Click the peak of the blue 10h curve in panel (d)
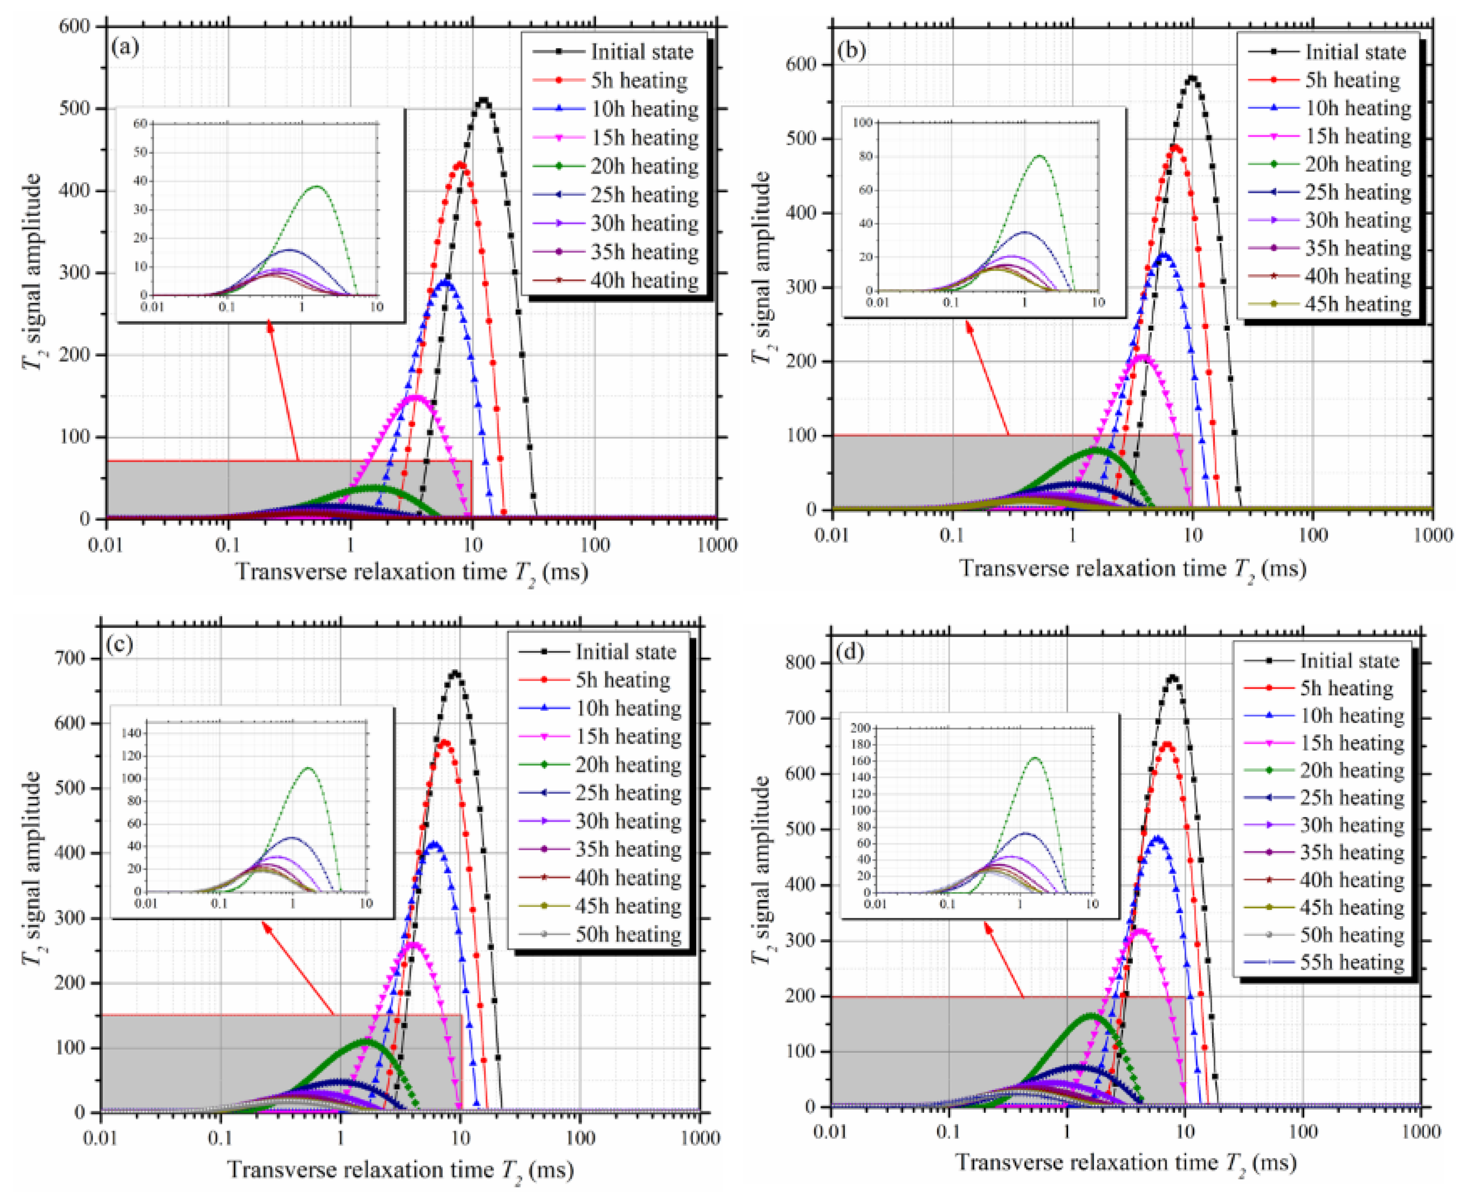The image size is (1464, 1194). tap(1158, 838)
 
